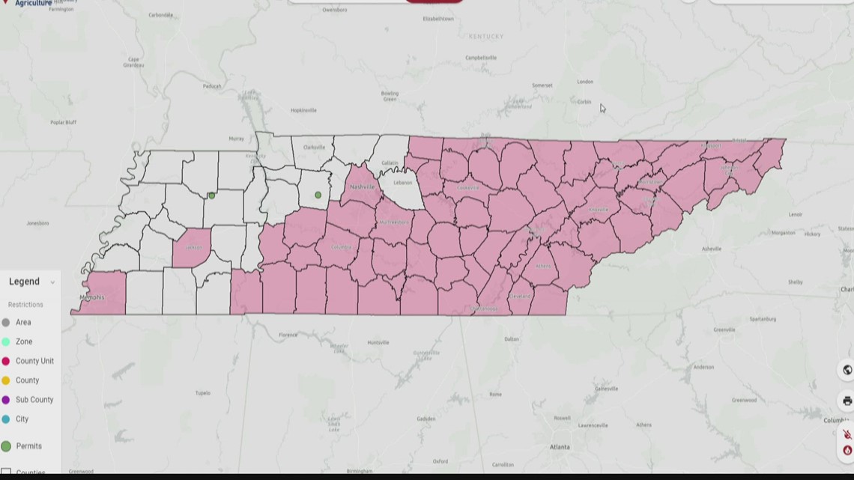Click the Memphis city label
coord(92,297)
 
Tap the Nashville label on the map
coord(362,187)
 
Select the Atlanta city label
coord(559,447)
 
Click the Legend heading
coord(24,282)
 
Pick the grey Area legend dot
coord(6,323)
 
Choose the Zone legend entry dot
coord(6,342)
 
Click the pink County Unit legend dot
coord(6,362)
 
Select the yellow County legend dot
coord(6,381)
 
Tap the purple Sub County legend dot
coord(6,401)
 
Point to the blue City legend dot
coord(6,420)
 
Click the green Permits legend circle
coord(6,446)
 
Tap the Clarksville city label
coord(313,148)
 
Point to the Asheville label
coord(711,249)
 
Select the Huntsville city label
coord(378,343)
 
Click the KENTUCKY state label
coord(486,37)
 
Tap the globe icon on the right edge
coord(847,370)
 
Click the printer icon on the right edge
coord(847,401)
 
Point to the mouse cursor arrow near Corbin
coord(602,108)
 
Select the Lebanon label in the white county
coord(403,183)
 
